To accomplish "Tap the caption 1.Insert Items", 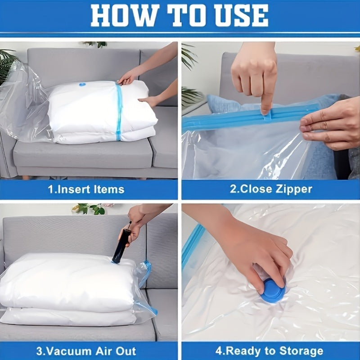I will pos(86,189).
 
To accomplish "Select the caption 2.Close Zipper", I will pos(271,189).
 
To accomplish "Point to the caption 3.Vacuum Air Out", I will pos(86,351).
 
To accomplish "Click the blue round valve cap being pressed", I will pos(273,290).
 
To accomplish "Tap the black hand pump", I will pos(121,245).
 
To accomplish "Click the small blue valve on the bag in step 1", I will pos(82,84).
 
